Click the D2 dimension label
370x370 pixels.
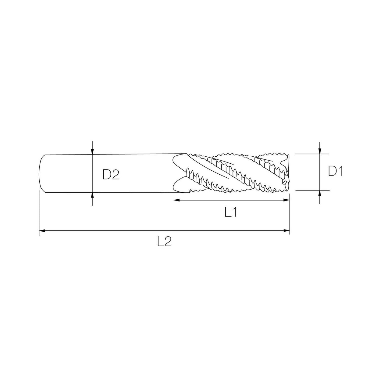point(111,175)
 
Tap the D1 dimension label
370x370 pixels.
point(336,172)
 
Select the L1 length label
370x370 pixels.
point(231,212)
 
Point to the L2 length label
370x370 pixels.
point(164,242)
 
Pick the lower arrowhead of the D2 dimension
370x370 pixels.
point(92,195)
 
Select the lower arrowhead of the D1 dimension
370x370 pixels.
point(319,193)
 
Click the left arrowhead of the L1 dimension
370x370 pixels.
point(176,200)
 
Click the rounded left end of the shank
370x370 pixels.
point(41,173)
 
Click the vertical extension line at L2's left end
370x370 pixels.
point(39,213)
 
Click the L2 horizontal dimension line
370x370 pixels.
point(164,231)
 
